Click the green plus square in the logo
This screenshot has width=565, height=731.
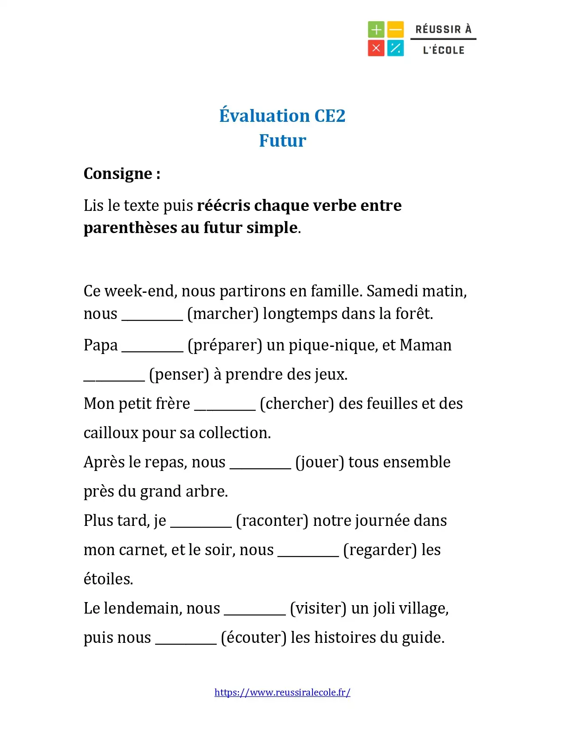click(x=376, y=30)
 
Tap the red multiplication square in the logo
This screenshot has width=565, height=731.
click(x=376, y=48)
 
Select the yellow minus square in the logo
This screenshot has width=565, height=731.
click(x=395, y=30)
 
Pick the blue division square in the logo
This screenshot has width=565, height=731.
click(x=395, y=48)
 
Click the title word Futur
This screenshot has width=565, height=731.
click(x=282, y=140)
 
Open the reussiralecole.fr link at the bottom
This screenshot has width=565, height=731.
click(x=282, y=692)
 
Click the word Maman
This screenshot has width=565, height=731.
click(x=425, y=345)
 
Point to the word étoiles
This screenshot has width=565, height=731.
click(x=108, y=579)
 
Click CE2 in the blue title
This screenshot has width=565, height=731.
click(x=329, y=116)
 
